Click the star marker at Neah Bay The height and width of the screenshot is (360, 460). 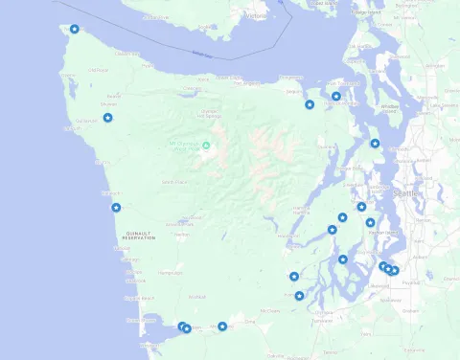[75, 29]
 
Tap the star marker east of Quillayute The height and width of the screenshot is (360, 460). [108, 118]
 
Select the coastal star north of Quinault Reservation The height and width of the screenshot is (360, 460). [116, 208]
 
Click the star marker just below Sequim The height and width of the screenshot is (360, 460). [310, 104]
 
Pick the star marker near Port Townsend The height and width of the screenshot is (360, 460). [336, 96]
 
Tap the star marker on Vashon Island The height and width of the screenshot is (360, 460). [371, 223]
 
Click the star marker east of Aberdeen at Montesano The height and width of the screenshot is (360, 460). [222, 326]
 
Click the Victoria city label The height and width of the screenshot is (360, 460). [255, 16]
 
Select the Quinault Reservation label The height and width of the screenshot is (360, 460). [140, 236]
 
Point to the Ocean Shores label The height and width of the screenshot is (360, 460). [141, 319]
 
